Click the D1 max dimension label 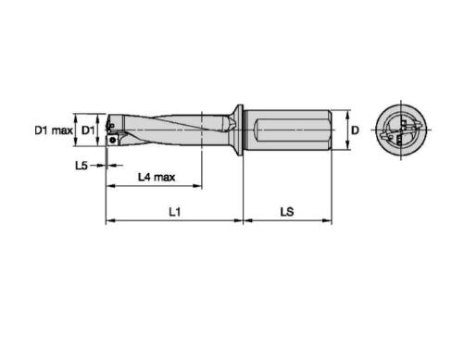pyautogui.click(x=54, y=130)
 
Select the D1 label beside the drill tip pyautogui.click(x=87, y=130)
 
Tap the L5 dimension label pyautogui.click(x=82, y=166)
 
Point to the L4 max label pyautogui.click(x=157, y=177)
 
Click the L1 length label pyautogui.click(x=175, y=212)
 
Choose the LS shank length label pyautogui.click(x=287, y=212)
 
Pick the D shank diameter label pyautogui.click(x=356, y=130)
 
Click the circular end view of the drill pyautogui.click(x=401, y=130)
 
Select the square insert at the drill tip pyautogui.click(x=112, y=140)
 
